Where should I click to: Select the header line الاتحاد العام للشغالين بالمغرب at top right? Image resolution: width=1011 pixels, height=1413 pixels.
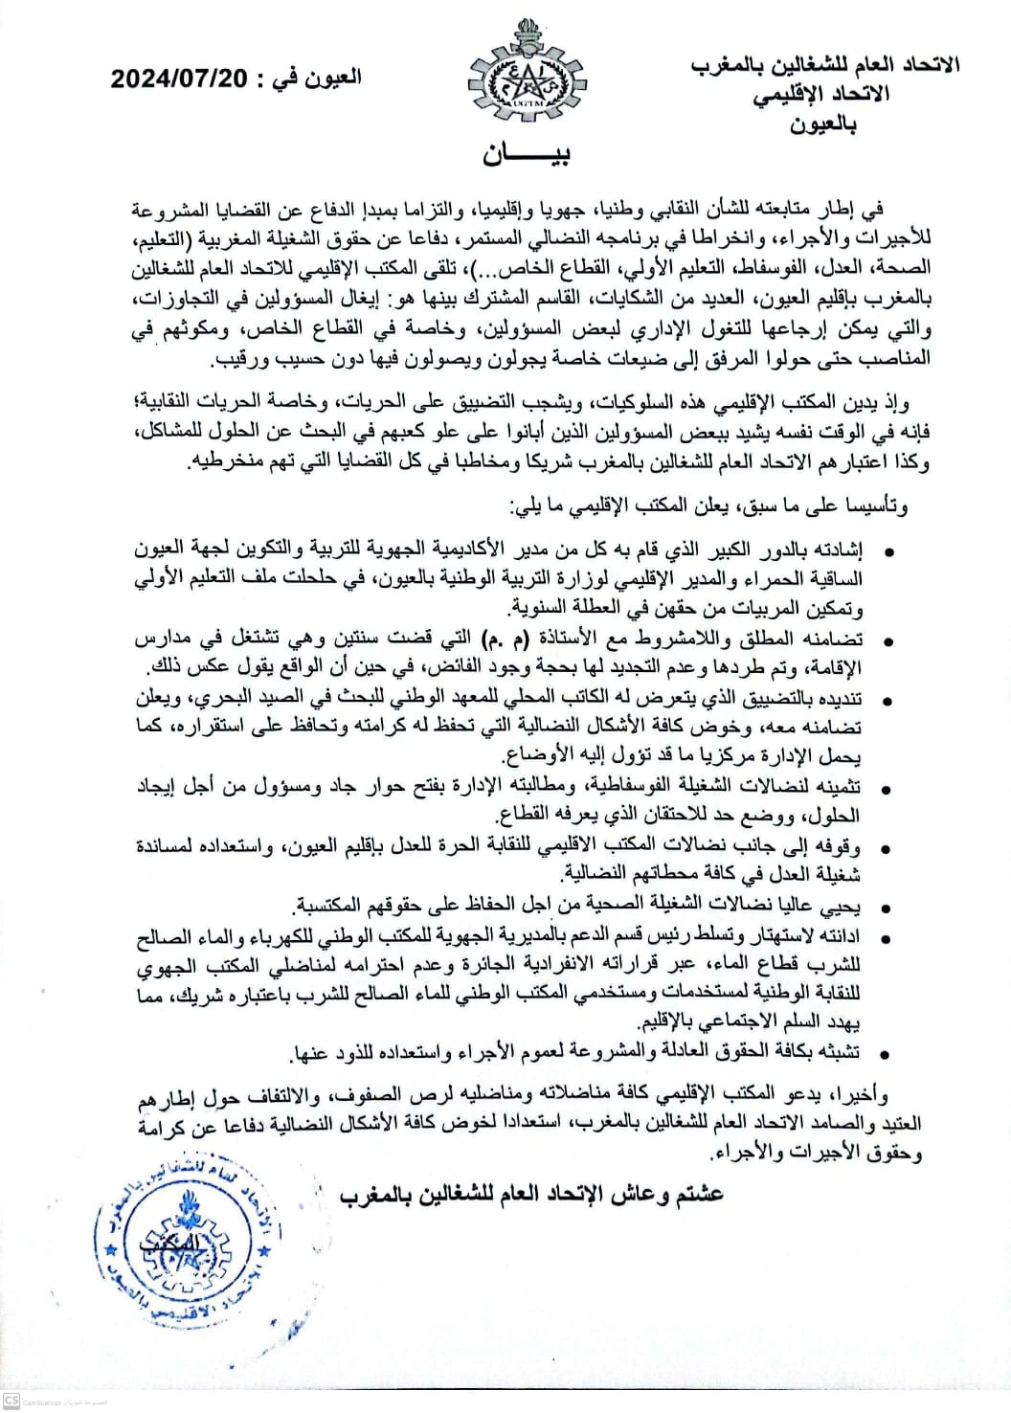click(x=824, y=64)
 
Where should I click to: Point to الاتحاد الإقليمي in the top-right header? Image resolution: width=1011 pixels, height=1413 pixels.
click(x=820, y=94)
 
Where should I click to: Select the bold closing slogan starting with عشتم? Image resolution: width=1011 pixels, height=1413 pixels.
click(x=531, y=1194)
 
